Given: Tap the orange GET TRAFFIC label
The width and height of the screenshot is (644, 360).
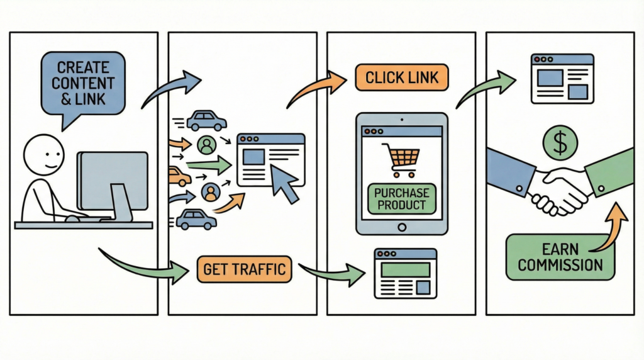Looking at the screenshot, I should [x=244, y=270].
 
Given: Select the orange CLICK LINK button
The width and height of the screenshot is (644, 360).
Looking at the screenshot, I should [x=402, y=78].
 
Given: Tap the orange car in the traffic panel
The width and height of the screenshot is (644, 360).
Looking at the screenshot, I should [x=179, y=177].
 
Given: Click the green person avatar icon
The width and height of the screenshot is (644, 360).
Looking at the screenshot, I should [x=206, y=145].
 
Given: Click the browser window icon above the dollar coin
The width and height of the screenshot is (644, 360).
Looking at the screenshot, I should [x=562, y=78].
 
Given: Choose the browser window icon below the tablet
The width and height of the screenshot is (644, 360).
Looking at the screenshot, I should [x=405, y=273].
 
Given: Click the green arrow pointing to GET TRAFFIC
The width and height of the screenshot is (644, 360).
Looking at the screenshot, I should [x=145, y=265].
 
